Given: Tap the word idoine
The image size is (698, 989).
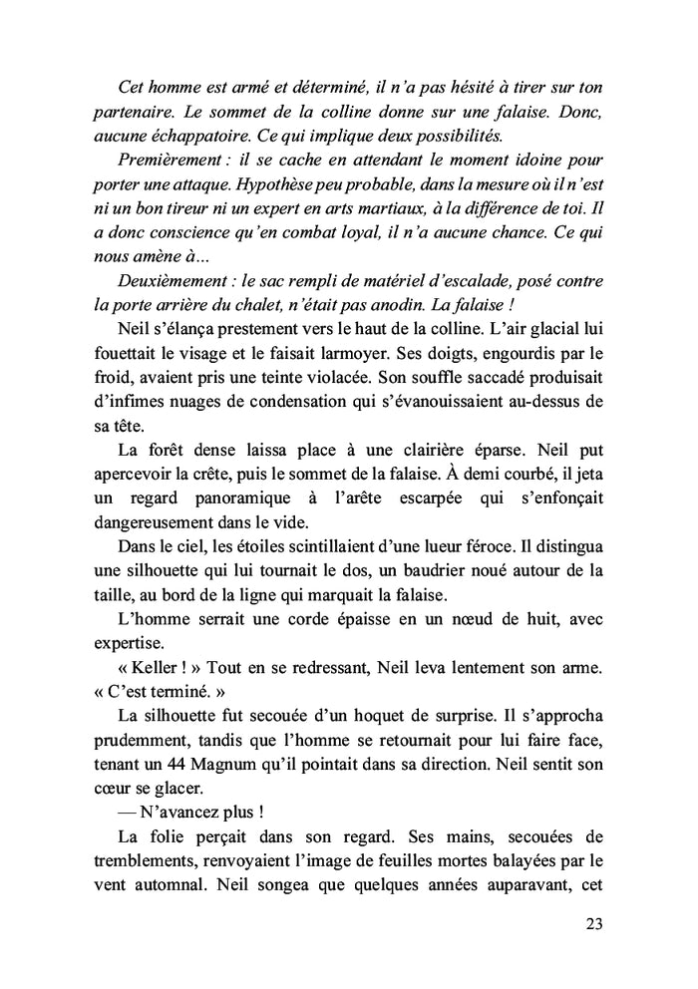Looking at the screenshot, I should pos(523,161).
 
